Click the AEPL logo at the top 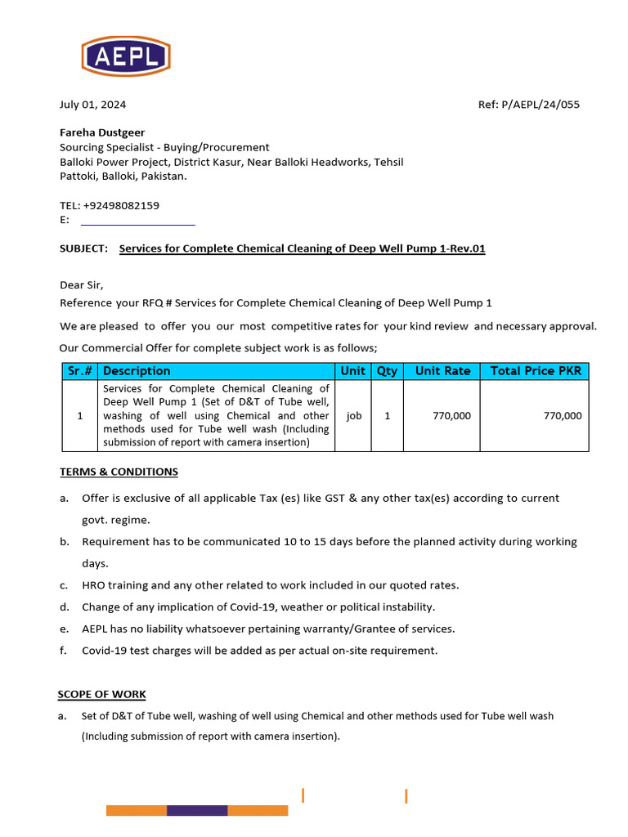(125, 56)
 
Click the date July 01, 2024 (92, 105)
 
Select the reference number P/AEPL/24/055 (541, 105)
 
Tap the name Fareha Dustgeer (102, 132)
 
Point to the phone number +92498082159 (121, 206)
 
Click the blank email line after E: (137, 221)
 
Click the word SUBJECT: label (83, 248)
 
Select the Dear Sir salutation (82, 285)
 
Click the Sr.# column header (79, 371)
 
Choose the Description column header (137, 371)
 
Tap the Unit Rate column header (442, 371)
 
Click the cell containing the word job (353, 416)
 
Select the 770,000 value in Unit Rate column (451, 416)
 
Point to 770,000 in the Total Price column (563, 416)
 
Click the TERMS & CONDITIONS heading (119, 472)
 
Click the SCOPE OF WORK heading (101, 695)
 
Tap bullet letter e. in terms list (64, 629)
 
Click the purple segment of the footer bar (197, 811)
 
